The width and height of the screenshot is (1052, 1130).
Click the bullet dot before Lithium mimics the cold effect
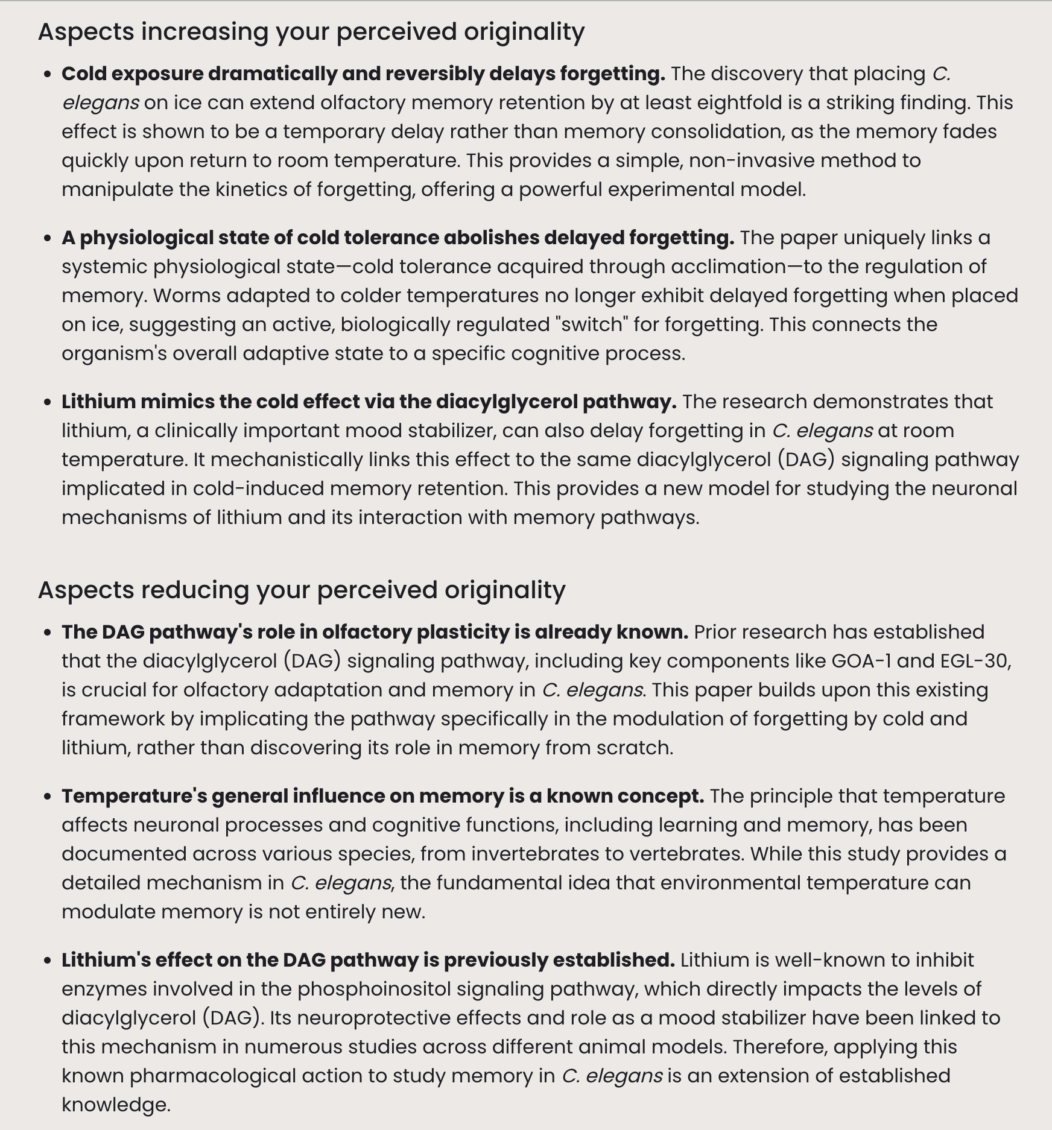pyautogui.click(x=47, y=403)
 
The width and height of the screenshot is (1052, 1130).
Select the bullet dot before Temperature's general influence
pyautogui.click(x=47, y=797)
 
